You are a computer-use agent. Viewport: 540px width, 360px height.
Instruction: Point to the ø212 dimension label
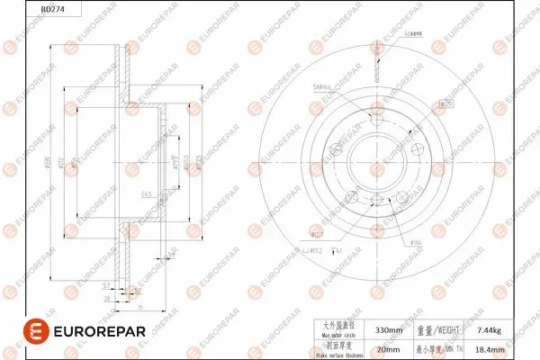(59, 162)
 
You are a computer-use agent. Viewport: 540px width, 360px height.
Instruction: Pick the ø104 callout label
(417, 242)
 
